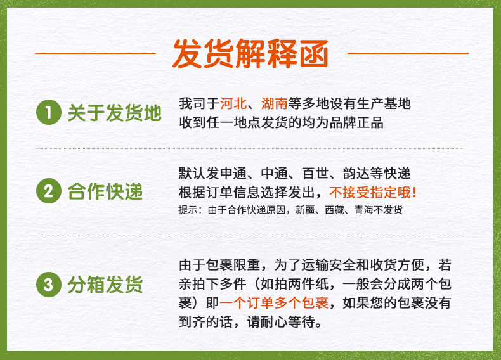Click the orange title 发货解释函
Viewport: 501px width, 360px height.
coord(251,53)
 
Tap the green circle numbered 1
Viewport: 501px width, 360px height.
coord(49,112)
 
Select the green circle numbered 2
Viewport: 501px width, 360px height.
coord(49,191)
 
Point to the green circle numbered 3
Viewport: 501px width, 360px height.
coord(49,285)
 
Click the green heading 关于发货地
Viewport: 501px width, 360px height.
coord(114,112)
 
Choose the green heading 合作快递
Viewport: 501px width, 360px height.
coord(105,191)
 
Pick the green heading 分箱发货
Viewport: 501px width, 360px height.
coord(105,285)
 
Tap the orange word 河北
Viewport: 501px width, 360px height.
coord(233,103)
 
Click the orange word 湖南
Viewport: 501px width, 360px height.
coord(275,103)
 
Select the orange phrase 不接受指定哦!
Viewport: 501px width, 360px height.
coord(373,192)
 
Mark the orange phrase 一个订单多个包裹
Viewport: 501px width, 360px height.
coord(274,302)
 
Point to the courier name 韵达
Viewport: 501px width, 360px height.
coord(356,174)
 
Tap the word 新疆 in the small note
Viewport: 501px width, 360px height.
coord(305,210)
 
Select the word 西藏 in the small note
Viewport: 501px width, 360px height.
coord(335,210)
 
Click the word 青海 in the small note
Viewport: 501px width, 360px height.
coord(363,210)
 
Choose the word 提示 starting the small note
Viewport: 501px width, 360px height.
coord(188,210)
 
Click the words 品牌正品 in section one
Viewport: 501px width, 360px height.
coord(356,123)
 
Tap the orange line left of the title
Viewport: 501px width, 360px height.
coord(95,53)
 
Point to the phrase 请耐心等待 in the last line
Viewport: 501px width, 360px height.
coord(281,322)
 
